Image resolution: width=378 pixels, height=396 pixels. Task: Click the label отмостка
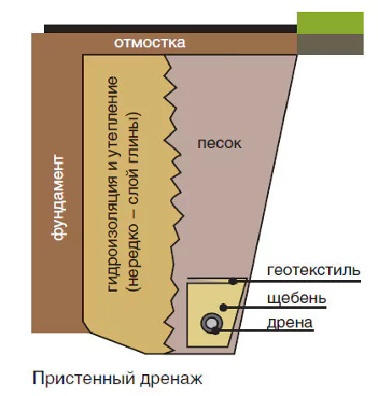150,43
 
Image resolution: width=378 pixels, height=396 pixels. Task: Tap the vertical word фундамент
59,197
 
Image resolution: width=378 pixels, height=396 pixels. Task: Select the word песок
219,144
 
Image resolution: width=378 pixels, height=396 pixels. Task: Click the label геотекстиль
314,270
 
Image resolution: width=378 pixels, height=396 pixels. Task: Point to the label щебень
297,298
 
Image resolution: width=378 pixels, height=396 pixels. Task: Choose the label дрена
290,323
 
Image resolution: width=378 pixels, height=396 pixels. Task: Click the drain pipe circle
211,323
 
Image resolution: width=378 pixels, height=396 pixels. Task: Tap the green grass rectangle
330,23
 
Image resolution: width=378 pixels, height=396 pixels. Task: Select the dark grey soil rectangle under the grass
330,44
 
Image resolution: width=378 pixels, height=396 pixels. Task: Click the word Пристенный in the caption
85,378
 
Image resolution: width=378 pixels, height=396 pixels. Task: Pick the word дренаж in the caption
171,379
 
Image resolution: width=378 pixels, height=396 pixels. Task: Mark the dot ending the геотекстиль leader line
233,281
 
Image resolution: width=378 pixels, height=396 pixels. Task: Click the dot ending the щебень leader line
223,307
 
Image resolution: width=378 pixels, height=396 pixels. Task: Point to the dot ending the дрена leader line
216,331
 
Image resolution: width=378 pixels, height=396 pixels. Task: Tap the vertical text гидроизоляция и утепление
112,184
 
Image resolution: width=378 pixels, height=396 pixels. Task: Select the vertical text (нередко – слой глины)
134,201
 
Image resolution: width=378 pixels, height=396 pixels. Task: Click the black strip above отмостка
170,29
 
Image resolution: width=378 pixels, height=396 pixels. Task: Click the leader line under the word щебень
275,307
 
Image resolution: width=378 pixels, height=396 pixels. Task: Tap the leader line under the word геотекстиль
297,281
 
